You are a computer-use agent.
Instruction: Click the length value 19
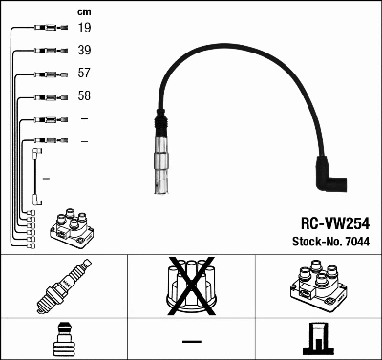click(85, 28)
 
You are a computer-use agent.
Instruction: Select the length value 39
click(85, 51)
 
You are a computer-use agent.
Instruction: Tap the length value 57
click(85, 74)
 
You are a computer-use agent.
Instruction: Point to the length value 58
click(85, 96)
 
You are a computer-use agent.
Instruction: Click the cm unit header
click(83, 11)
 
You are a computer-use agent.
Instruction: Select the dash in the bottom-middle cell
click(191, 340)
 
